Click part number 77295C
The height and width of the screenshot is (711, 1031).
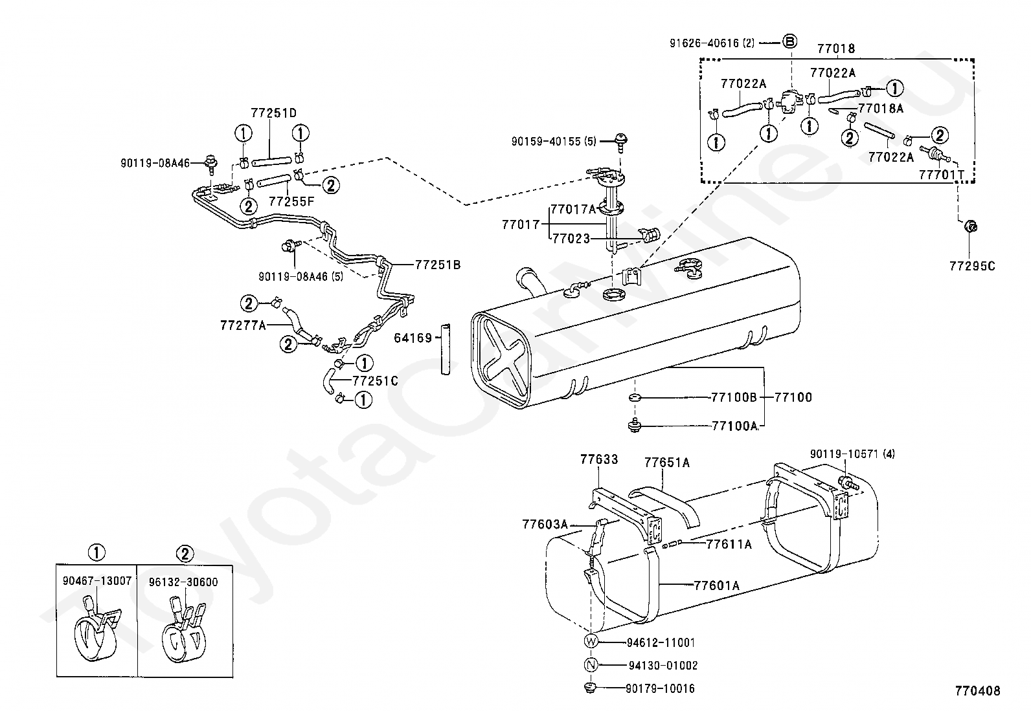coord(971,265)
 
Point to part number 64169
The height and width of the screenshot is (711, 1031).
coord(413,338)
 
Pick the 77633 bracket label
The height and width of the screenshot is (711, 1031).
coord(599,460)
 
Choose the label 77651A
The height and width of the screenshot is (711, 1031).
coord(666,462)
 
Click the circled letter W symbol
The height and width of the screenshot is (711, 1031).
coord(591,642)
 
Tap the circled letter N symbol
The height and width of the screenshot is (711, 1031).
coord(591,665)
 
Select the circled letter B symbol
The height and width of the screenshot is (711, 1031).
coord(789,42)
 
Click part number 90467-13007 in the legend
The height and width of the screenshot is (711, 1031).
coord(96,582)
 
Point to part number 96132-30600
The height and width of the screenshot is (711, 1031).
coord(185,582)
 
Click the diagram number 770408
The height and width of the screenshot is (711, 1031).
coord(977,691)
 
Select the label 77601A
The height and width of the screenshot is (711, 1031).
coord(716,585)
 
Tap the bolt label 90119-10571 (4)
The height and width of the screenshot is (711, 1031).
coord(852,454)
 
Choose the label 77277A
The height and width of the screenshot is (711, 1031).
coord(243,325)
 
